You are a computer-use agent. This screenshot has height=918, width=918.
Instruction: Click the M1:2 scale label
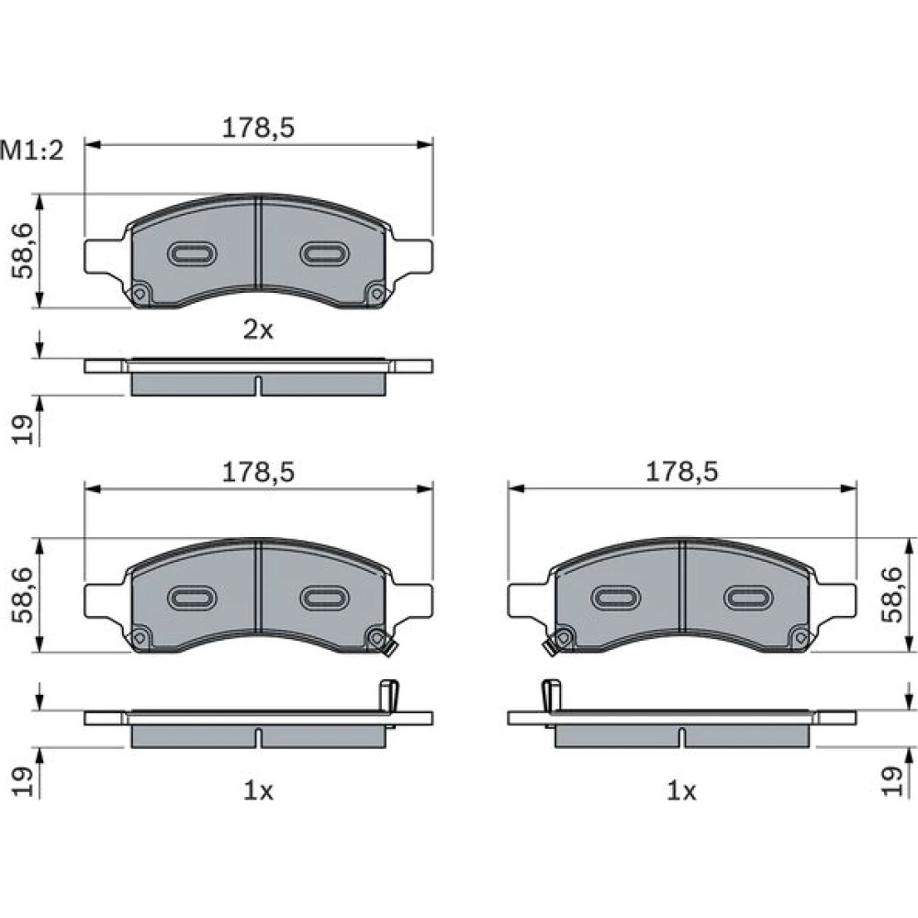click(31, 151)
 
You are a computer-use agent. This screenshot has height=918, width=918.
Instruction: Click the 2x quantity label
click(258, 330)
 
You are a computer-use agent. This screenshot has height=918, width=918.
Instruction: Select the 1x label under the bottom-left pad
click(258, 791)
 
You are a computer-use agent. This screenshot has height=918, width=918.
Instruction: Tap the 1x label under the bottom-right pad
click(681, 791)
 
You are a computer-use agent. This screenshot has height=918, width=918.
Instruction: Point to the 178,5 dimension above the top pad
click(258, 128)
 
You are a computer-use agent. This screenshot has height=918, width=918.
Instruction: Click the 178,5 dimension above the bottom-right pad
click(681, 471)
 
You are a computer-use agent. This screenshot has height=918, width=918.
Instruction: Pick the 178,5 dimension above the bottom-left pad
click(258, 471)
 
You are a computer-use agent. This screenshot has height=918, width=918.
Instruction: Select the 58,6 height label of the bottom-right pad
click(893, 595)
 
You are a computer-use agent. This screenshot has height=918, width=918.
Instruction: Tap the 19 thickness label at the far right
click(893, 781)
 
